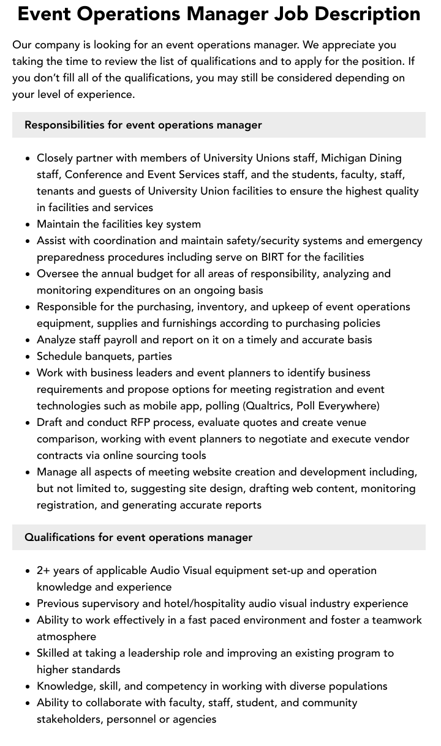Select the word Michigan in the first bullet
[344, 158]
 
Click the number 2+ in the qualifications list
[43, 570]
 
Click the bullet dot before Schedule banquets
[28, 357]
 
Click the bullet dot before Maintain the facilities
[28, 225]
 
